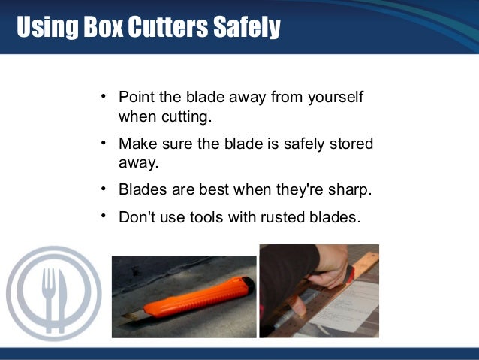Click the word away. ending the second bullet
click(137, 162)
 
